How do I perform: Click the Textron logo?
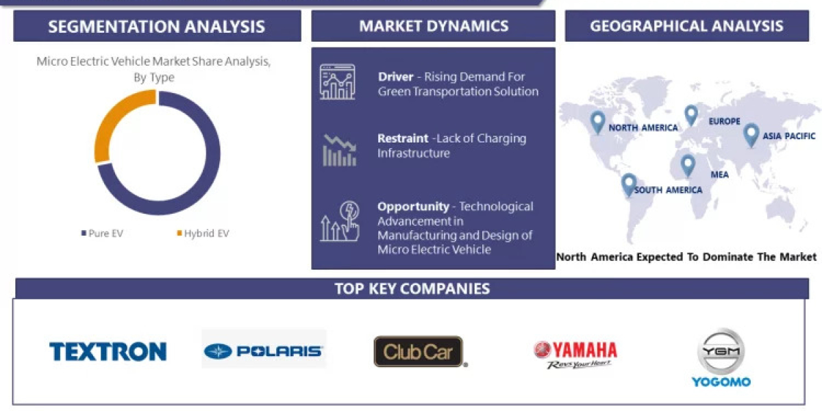[x=108, y=352]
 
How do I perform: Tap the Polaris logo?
[x=264, y=351]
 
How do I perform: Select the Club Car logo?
[x=419, y=351]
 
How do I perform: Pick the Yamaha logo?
[x=575, y=353]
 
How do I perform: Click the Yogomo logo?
[x=721, y=358]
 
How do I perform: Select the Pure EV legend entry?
[x=103, y=234]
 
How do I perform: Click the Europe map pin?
[x=690, y=114]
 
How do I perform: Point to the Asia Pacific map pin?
[x=751, y=134]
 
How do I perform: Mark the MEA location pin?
[x=687, y=165]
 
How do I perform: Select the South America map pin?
[x=628, y=184]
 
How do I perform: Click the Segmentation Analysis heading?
[x=157, y=27]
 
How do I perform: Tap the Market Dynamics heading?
[x=434, y=27]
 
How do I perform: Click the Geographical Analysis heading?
[x=686, y=26]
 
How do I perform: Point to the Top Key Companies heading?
[x=412, y=288]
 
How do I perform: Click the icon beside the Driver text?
[x=338, y=82]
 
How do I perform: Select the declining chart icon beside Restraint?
[x=339, y=150]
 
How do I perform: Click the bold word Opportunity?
[x=413, y=206]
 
